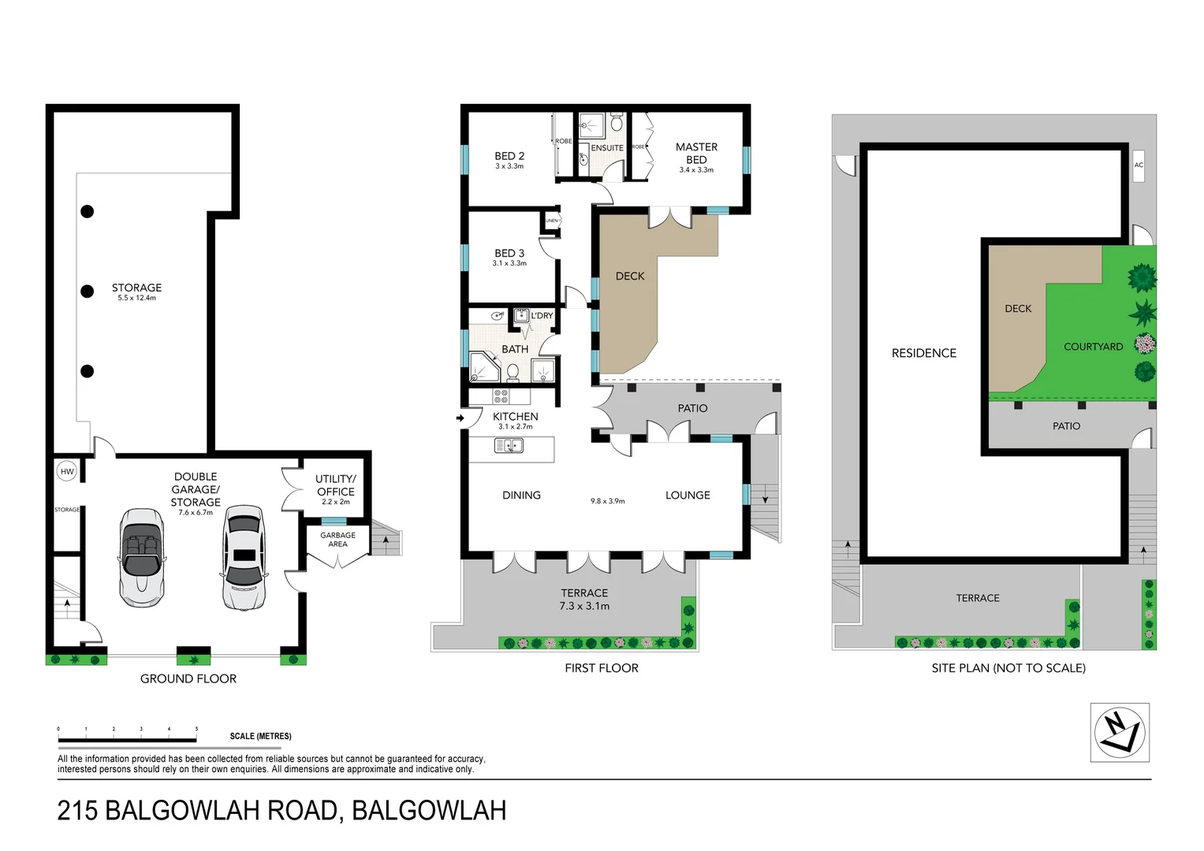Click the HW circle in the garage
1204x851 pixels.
(67, 472)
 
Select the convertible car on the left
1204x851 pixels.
(142, 557)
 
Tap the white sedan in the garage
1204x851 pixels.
(244, 557)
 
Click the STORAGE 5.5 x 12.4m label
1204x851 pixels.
(136, 292)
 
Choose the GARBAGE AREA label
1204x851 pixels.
(337, 540)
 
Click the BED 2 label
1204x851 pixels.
(509, 160)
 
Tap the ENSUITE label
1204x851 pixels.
(607, 148)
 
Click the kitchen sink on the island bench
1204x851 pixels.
(509, 446)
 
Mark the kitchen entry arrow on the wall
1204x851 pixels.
(460, 418)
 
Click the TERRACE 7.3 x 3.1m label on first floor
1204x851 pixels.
(584, 600)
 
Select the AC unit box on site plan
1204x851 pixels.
(1138, 165)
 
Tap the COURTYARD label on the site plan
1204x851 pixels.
(1093, 347)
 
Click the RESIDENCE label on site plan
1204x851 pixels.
(923, 353)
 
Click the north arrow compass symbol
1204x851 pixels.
(1120, 733)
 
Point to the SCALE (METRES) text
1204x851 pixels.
(260, 736)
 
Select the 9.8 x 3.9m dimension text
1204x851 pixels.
(607, 501)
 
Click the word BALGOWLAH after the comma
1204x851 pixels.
(429, 810)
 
